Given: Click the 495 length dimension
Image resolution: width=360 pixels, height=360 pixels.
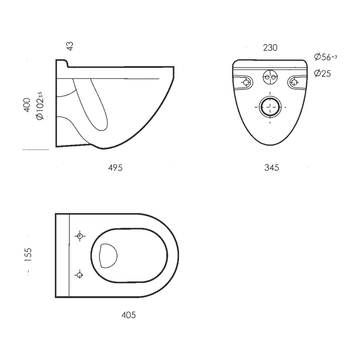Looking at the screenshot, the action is click(115, 168).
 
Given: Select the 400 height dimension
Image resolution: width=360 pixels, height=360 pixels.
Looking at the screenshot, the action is click(27, 105).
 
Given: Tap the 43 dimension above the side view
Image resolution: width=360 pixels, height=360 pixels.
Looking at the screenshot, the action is click(70, 46).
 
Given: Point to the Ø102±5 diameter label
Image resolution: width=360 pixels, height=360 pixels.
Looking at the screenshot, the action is click(40, 106).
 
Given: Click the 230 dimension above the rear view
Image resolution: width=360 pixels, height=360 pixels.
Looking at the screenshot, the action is click(270, 48).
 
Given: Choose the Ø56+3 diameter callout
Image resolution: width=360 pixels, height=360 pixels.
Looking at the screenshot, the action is click(325, 57).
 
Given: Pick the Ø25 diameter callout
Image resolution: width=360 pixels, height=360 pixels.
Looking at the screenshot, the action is click(322, 73).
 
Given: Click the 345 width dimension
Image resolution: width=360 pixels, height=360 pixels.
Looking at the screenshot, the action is click(272, 167).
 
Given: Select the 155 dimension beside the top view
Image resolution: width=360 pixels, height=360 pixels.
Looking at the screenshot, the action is click(28, 255).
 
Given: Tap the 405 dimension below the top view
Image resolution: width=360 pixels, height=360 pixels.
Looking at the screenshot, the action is click(129, 315).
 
